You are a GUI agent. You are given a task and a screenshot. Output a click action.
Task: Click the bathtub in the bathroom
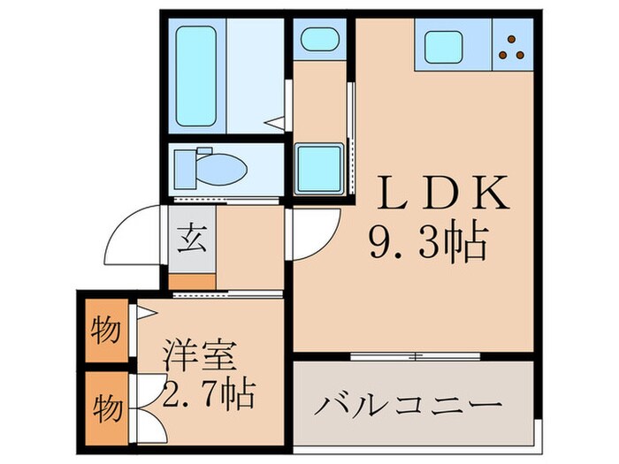tap(197, 76)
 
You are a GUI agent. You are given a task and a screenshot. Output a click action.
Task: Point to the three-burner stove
tap(512, 47)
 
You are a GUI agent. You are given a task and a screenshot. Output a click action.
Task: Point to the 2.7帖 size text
tap(209, 393)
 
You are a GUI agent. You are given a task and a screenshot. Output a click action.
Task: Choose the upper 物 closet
tap(106, 332)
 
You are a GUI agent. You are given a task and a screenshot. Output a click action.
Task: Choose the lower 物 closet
tap(106, 409)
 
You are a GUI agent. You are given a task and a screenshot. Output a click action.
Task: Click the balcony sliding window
tap(415, 355)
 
